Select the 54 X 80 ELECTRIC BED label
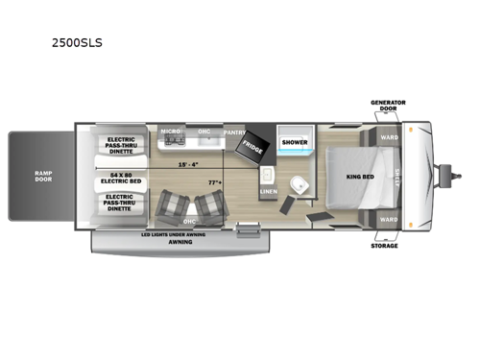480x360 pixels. click(x=120, y=179)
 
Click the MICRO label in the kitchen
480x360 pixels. click(x=171, y=132)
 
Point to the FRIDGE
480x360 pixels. click(x=252, y=147)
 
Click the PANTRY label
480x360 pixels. click(x=234, y=131)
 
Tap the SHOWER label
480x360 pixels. click(x=294, y=142)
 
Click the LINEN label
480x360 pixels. click(x=269, y=191)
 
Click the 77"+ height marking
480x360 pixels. click(x=213, y=181)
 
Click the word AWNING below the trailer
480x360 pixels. click(x=180, y=242)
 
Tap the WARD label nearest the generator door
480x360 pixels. click(x=388, y=136)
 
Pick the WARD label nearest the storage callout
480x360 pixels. click(x=388, y=219)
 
